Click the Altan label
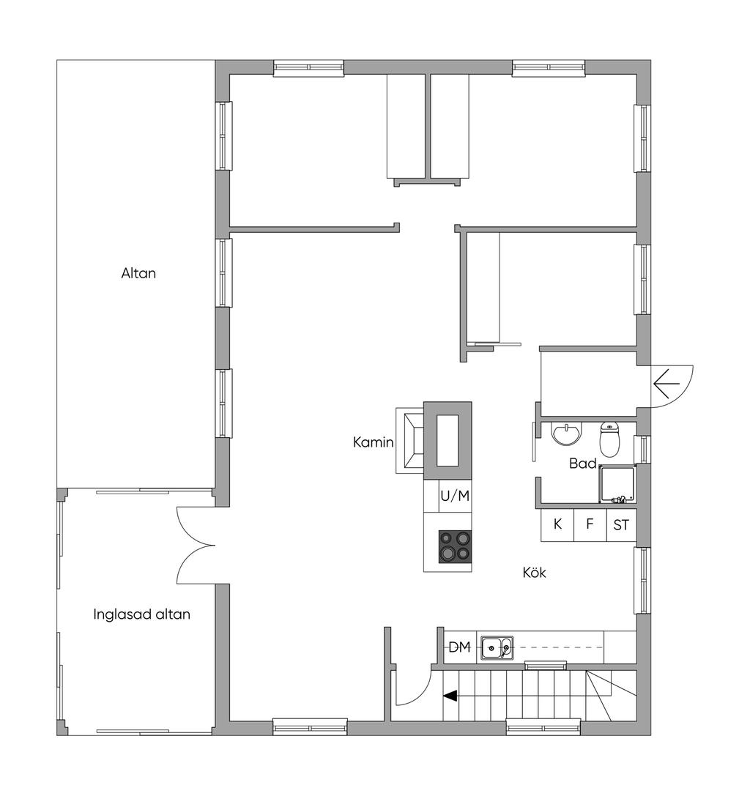click(138, 274)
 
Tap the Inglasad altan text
click(141, 615)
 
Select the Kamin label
click(374, 443)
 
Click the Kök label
click(534, 573)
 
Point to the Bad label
click(582, 464)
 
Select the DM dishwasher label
click(459, 647)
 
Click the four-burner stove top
click(455, 546)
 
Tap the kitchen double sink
click(497, 647)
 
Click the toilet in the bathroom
click(609, 439)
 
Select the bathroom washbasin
click(567, 434)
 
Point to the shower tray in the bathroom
click(617, 484)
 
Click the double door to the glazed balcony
click(196, 546)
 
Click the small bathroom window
click(643, 449)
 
